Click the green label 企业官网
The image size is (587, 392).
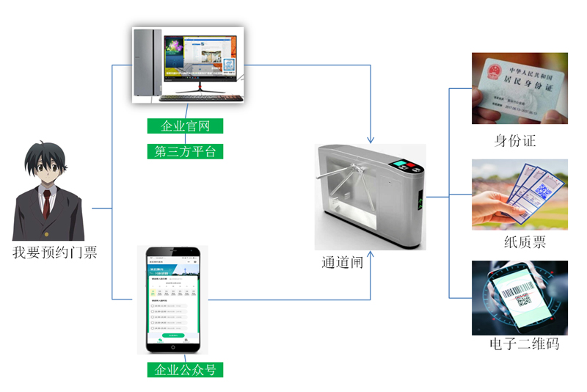tap(185, 126)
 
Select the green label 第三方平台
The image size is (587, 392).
tap(185, 152)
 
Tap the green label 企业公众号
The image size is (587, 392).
tap(185, 369)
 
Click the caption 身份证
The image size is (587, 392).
tap(515, 141)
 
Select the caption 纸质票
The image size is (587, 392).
tap(519, 243)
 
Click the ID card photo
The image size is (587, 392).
tap(519, 88)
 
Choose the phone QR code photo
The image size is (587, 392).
tap(519, 297)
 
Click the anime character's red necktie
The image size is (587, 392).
tap(46, 202)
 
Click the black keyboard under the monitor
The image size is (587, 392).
tap(198, 97)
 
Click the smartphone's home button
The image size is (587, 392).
tap(174, 346)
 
